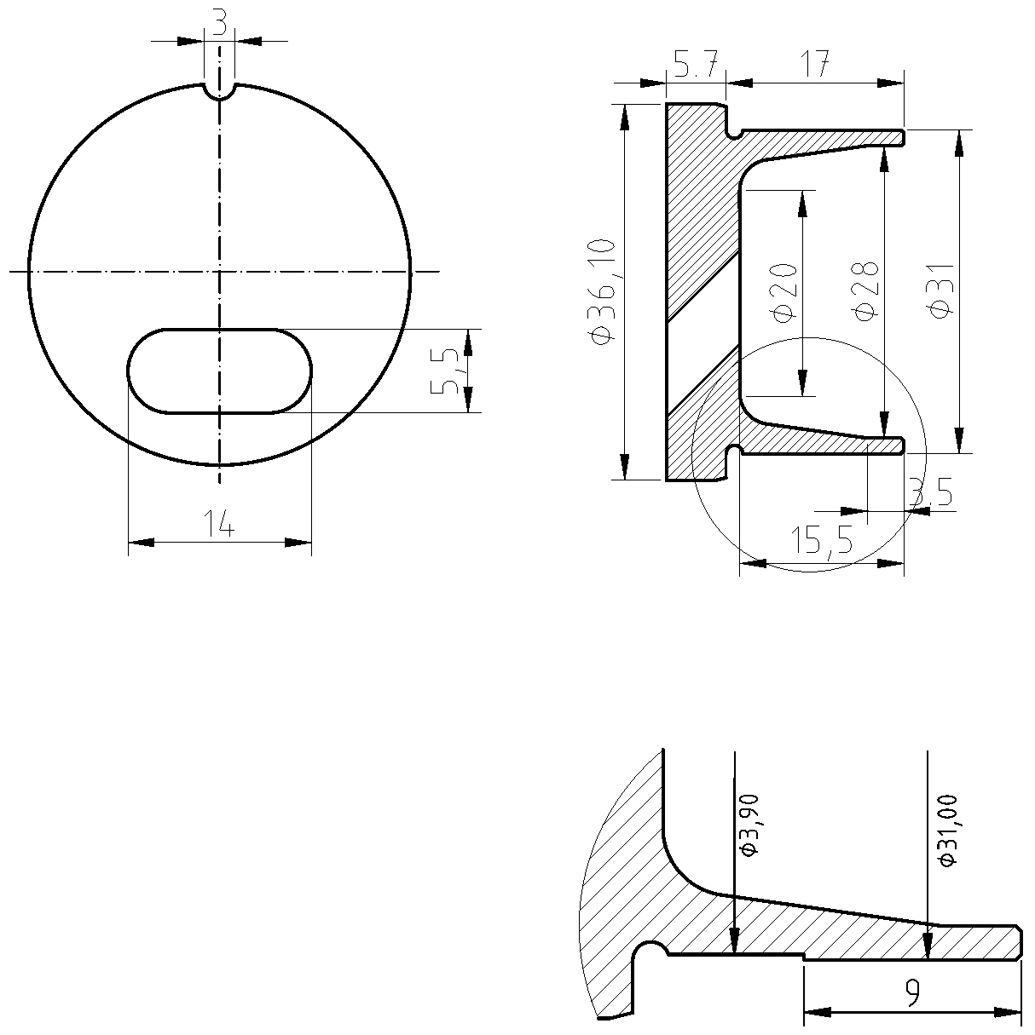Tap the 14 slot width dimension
click(x=219, y=523)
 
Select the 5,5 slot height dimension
click(x=445, y=371)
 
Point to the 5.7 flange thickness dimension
click(x=696, y=65)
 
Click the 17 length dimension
click(x=815, y=64)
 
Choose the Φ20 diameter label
click(x=783, y=292)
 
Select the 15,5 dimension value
click(x=822, y=539)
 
